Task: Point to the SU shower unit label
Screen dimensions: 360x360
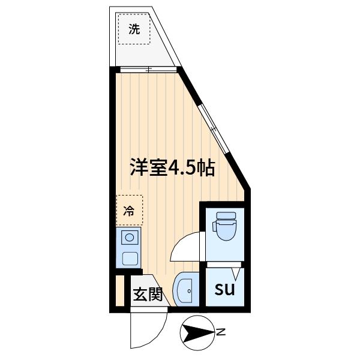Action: coord(224,289)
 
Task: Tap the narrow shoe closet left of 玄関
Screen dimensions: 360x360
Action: coord(120,292)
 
